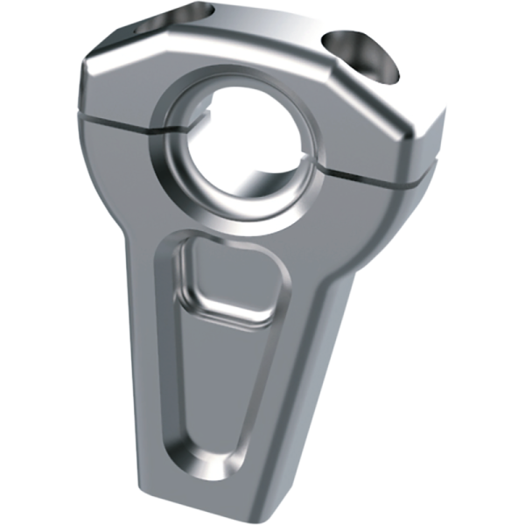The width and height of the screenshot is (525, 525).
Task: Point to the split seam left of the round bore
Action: click(122, 122)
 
